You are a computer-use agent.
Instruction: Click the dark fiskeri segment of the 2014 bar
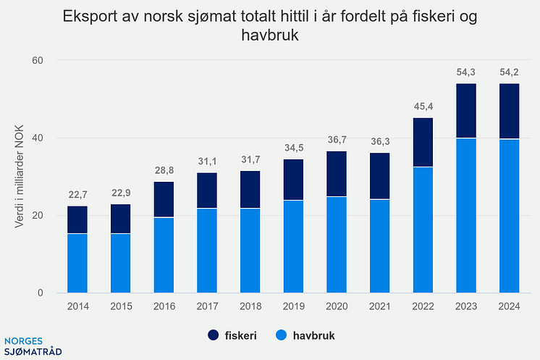tap(77, 219)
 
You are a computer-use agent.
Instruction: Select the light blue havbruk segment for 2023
tap(465, 216)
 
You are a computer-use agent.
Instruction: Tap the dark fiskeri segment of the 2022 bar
tap(423, 142)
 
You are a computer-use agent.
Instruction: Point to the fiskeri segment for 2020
tap(337, 174)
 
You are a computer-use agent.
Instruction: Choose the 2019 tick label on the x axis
tap(293, 306)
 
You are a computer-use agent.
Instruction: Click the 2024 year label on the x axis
tap(509, 306)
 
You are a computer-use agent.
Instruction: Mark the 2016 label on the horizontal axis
tap(164, 306)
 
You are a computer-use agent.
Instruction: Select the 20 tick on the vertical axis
tap(38, 216)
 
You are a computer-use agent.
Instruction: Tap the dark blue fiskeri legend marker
tap(214, 335)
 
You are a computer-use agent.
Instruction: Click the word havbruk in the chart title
tap(270, 35)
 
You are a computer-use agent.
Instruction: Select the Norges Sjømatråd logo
tap(33, 346)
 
